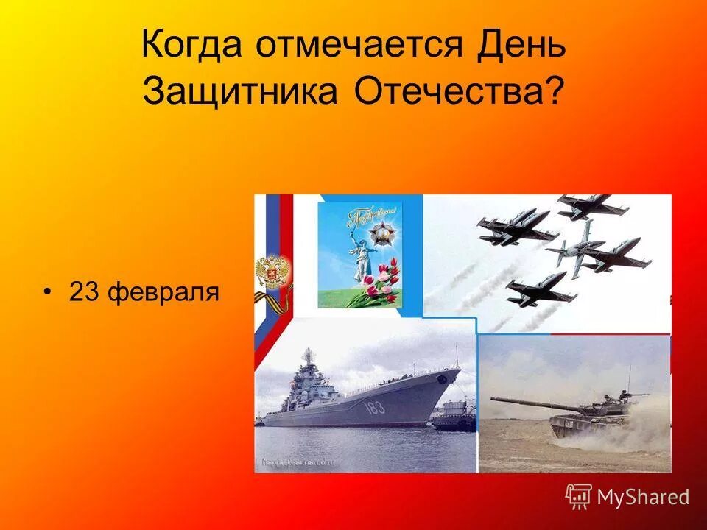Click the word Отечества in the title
449,91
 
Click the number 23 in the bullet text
84,292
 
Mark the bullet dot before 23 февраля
48,293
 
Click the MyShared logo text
642,497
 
